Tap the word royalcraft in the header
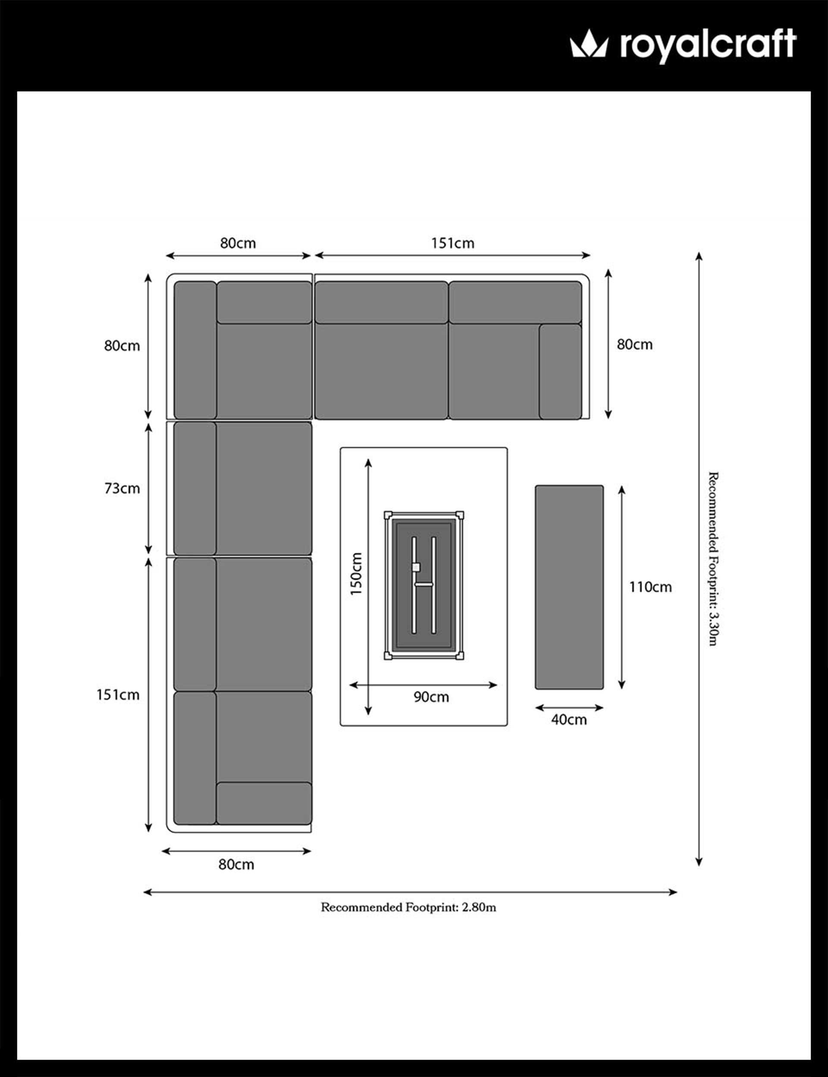[708, 45]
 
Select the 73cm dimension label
[122, 488]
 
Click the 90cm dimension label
[431, 697]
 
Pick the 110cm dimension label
[650, 587]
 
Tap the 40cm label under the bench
[569, 719]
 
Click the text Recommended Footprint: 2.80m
[408, 907]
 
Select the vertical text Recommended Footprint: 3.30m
[713, 559]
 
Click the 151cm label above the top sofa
[452, 243]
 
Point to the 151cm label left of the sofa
[118, 695]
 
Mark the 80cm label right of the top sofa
[635, 344]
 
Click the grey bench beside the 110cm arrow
[569, 587]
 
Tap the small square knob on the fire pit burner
[416, 567]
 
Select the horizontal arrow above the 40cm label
[569, 708]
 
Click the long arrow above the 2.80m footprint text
[410, 891]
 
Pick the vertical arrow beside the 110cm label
[621, 587]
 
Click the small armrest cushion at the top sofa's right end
[560, 372]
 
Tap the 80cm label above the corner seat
[238, 243]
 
